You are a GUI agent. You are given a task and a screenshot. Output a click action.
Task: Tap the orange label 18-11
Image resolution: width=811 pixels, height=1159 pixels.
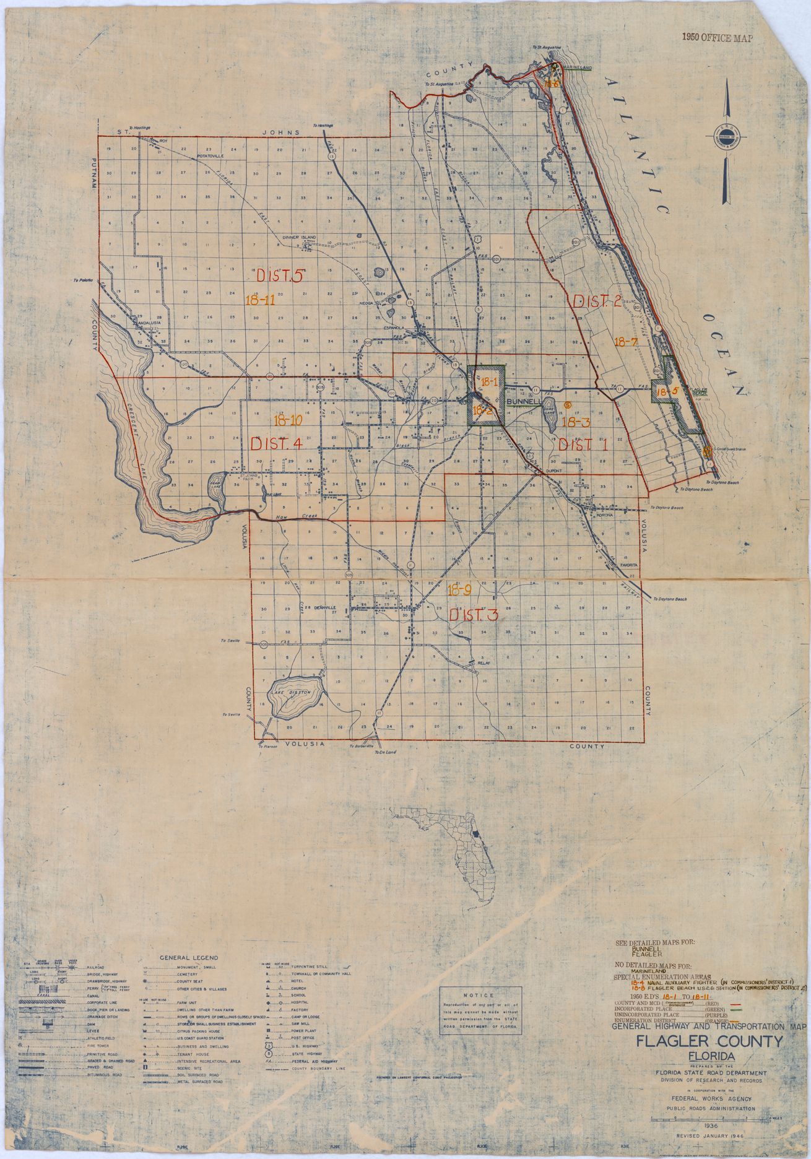point(259,300)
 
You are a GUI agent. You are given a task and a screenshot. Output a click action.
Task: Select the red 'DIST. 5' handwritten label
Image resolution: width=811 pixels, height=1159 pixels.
point(279,275)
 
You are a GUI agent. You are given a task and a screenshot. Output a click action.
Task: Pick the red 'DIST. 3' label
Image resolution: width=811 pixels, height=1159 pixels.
point(473,616)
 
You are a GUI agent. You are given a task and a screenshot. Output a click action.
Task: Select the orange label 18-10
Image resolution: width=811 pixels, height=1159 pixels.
point(287,420)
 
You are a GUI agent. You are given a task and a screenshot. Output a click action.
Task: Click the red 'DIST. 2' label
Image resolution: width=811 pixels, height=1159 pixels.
point(597,302)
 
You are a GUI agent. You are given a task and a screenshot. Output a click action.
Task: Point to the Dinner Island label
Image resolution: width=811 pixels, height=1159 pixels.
point(300,237)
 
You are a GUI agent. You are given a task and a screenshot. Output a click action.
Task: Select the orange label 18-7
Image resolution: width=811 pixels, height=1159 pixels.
point(625,341)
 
